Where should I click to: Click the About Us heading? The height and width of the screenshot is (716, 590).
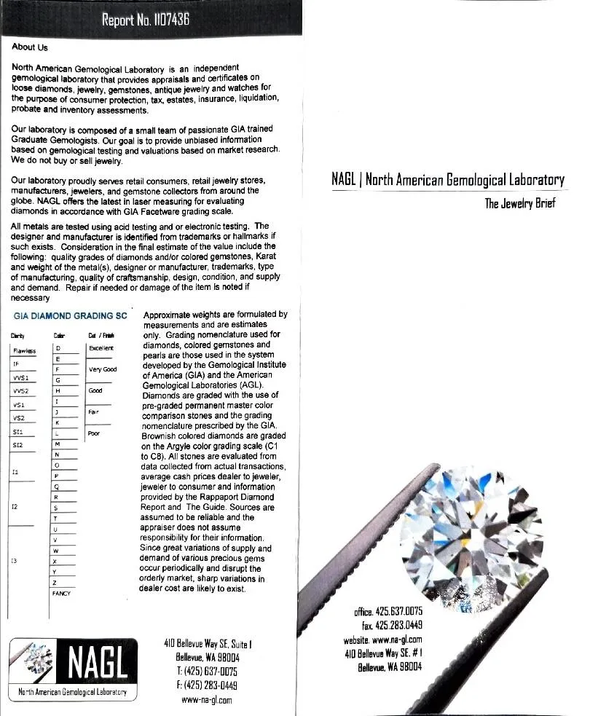tap(30, 48)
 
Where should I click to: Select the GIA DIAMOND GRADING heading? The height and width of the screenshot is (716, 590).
tap(70, 315)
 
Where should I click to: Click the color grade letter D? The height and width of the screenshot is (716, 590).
tap(57, 349)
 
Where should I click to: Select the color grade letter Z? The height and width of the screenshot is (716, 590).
tap(56, 583)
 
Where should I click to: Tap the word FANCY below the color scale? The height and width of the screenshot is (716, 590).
tap(60, 594)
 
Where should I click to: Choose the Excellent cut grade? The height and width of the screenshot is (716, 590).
tap(100, 349)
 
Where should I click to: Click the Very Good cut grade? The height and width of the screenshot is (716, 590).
tap(102, 369)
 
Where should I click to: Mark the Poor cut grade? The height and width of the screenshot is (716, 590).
tap(93, 433)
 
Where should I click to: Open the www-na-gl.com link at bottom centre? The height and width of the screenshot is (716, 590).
tap(206, 700)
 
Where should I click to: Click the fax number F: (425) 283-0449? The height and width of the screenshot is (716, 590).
tap(208, 685)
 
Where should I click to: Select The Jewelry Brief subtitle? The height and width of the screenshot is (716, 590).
tap(520, 203)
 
